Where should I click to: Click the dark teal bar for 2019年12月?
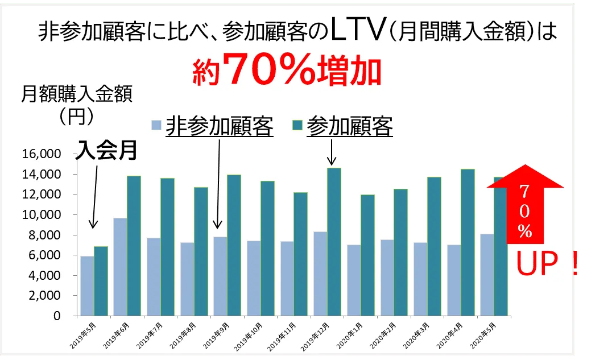334,242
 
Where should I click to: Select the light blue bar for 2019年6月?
120,267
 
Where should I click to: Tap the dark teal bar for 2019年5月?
100,281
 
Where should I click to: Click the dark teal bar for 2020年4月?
468,242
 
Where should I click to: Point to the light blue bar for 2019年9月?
220,276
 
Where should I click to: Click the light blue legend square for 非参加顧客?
156,126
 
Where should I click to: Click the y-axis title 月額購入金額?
76,94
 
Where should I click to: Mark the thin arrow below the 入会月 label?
94,196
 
